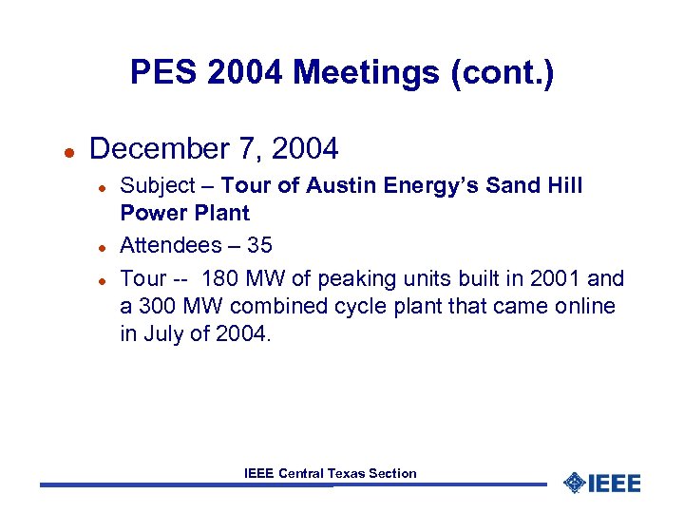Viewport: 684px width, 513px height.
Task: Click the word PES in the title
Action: (x=160, y=71)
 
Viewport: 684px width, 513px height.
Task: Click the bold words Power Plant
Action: (x=184, y=214)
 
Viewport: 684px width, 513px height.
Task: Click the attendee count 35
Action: (x=259, y=245)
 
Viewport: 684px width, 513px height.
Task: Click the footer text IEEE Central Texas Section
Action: (x=330, y=473)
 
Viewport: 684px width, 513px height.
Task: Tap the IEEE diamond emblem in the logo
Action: (x=573, y=483)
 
